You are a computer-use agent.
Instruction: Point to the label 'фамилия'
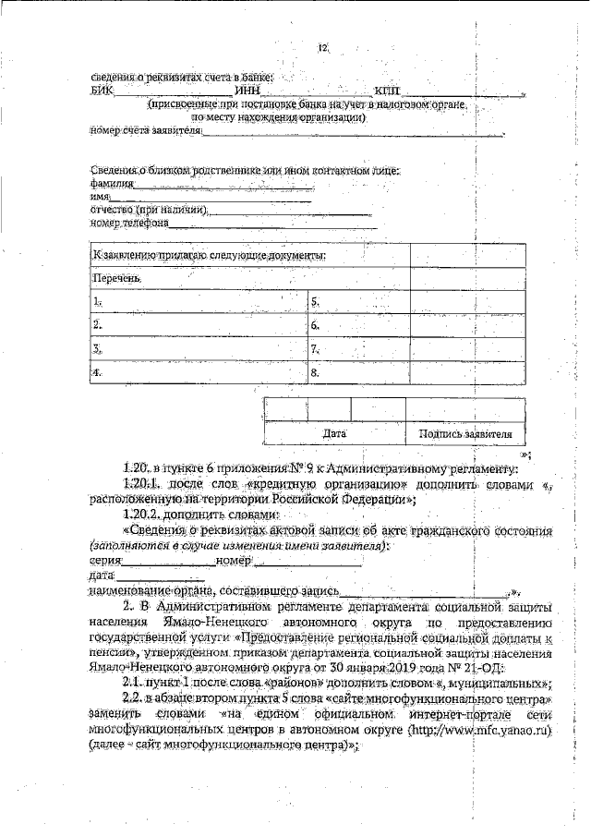point(108,184)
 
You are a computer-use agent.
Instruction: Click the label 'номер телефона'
point(129,223)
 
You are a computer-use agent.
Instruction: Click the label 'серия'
point(105,561)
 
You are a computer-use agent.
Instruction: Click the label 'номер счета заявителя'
point(144,132)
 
